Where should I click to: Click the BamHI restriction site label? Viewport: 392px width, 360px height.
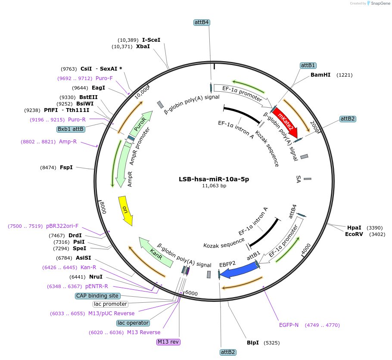[320, 75]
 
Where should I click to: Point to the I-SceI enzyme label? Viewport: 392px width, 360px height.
[151, 40]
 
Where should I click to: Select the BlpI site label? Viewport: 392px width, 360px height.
[253, 343]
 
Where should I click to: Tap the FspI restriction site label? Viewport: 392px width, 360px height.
[66, 167]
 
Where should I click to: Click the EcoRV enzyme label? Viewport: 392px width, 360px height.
[354, 234]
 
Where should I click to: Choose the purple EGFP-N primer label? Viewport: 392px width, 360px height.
[289, 325]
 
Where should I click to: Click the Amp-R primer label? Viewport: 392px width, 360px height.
[68, 142]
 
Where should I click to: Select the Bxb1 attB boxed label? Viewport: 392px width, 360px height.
[71, 129]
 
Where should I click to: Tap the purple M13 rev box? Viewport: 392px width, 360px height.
[168, 342]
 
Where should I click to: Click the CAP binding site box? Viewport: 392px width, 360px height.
[97, 296]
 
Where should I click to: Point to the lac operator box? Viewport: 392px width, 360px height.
[133, 323]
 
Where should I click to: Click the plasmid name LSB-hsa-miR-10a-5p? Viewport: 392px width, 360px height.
[214, 179]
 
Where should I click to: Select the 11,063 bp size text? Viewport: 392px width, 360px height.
[214, 186]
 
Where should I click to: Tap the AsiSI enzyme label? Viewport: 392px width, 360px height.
[84, 258]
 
